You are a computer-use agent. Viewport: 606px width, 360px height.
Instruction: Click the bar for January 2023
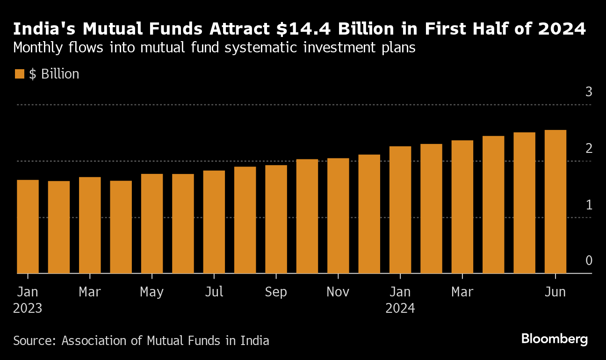[28, 227]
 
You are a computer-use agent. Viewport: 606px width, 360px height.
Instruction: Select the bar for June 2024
[555, 202]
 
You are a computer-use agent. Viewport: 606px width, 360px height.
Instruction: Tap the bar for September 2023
[276, 219]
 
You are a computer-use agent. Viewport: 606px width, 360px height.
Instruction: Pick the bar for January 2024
[400, 210]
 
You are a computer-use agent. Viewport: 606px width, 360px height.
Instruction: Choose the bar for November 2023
[338, 216]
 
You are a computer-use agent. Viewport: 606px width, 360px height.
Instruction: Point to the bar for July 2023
[214, 222]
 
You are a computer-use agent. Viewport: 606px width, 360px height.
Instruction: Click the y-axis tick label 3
[589, 92]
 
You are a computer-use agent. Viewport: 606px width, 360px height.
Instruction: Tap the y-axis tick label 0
[589, 260]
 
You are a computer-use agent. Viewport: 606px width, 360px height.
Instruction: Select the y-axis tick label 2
[589, 148]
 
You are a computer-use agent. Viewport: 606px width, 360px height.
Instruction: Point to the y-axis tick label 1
[589, 205]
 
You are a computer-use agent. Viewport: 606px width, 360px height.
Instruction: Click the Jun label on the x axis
[555, 292]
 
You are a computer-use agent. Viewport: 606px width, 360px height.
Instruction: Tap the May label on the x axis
[152, 292]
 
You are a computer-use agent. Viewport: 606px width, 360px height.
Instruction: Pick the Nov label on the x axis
[338, 292]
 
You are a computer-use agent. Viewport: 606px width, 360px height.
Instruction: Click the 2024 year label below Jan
[400, 309]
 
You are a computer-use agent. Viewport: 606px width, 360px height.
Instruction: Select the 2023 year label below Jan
[28, 309]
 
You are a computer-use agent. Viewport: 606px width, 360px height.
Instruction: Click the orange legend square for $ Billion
[19, 74]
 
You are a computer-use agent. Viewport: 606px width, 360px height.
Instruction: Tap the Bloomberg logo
[555, 339]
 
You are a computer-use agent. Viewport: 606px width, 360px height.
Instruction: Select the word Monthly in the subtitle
[40, 48]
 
